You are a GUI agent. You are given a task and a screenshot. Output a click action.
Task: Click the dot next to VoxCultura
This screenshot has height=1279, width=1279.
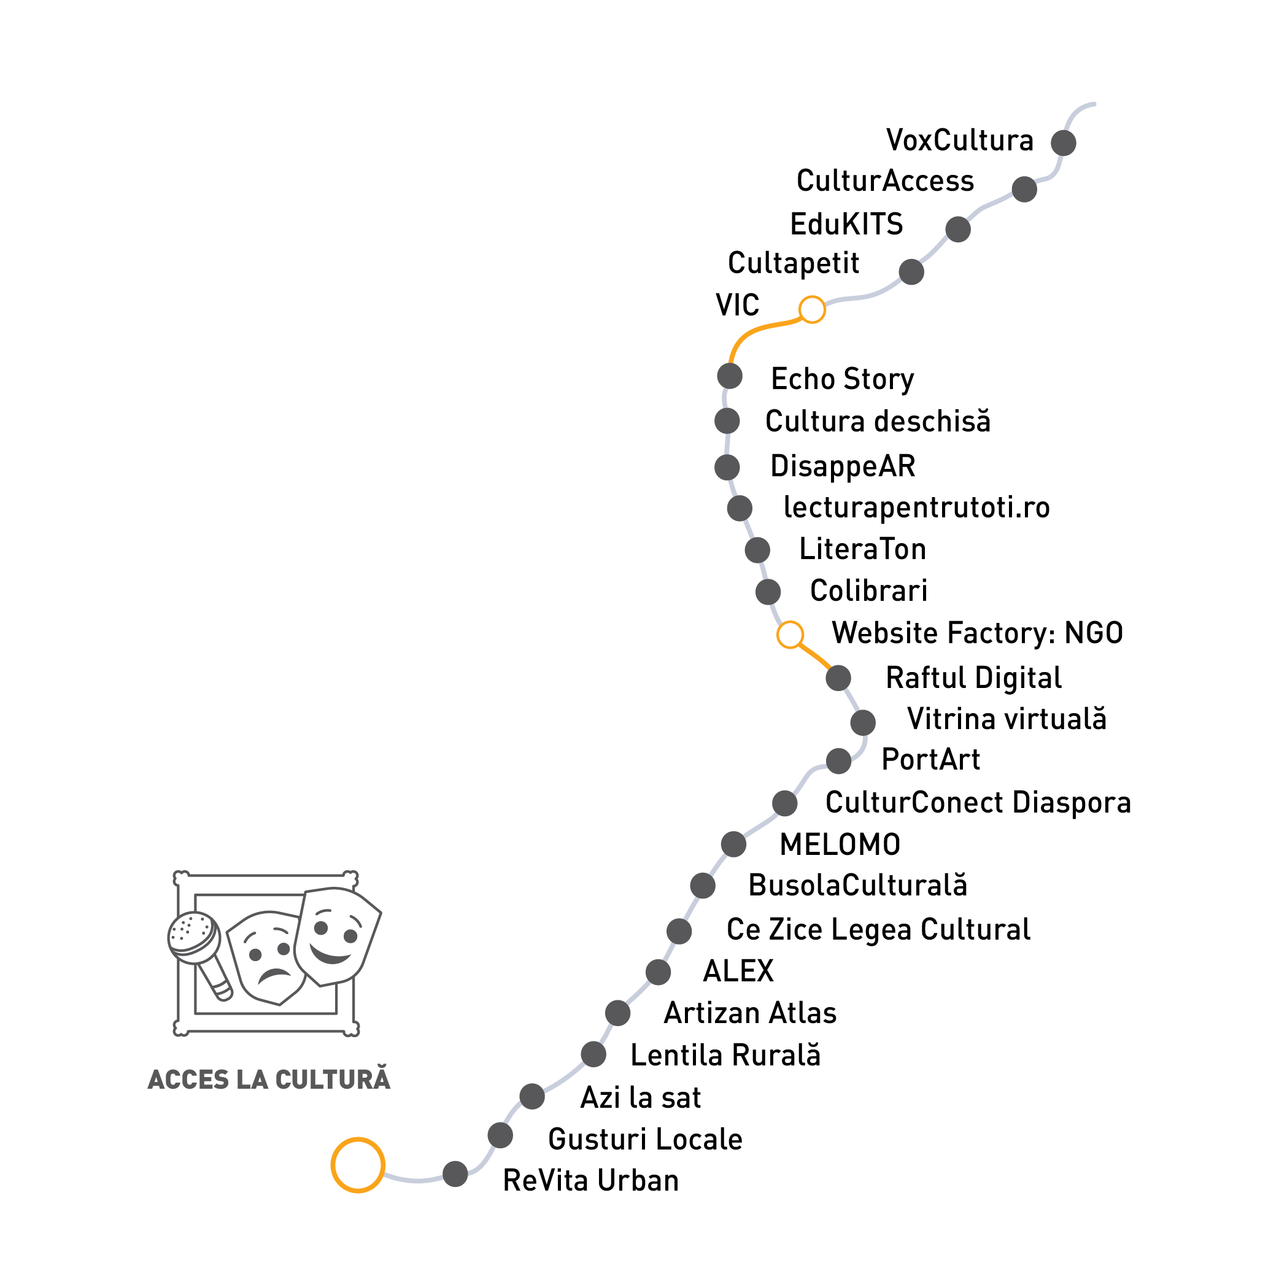point(1063,142)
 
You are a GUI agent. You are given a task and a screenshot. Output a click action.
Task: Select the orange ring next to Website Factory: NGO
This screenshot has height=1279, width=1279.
point(790,634)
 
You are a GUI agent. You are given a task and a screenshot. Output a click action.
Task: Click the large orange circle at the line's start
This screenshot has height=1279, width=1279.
point(357,1165)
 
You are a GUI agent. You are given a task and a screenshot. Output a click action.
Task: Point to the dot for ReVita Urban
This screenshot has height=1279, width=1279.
point(455,1173)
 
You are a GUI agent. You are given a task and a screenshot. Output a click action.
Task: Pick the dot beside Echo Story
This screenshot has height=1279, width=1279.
point(730,376)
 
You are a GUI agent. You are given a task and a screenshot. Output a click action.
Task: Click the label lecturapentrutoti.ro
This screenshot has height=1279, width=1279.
point(916,508)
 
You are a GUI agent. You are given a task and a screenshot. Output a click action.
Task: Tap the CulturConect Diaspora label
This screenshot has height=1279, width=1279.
point(978,802)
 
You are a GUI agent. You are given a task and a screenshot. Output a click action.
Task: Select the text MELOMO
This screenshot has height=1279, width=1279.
point(840,844)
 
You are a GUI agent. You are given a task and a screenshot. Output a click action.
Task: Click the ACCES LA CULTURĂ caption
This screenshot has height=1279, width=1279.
point(269,1080)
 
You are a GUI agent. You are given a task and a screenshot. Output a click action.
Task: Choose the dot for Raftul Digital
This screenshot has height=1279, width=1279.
point(838,678)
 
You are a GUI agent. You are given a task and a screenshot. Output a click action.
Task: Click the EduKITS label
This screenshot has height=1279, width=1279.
point(846,225)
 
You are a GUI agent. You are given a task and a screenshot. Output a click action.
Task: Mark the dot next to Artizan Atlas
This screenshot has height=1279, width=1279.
point(617,1013)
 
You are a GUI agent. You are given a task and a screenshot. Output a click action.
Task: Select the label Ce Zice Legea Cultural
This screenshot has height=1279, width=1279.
point(878,929)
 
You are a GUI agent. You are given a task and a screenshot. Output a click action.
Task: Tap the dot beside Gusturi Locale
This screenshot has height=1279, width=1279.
point(500,1135)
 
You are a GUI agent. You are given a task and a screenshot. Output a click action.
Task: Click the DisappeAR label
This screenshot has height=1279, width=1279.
point(843,466)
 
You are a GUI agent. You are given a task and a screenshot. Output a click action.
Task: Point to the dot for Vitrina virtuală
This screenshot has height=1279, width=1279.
point(863,722)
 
